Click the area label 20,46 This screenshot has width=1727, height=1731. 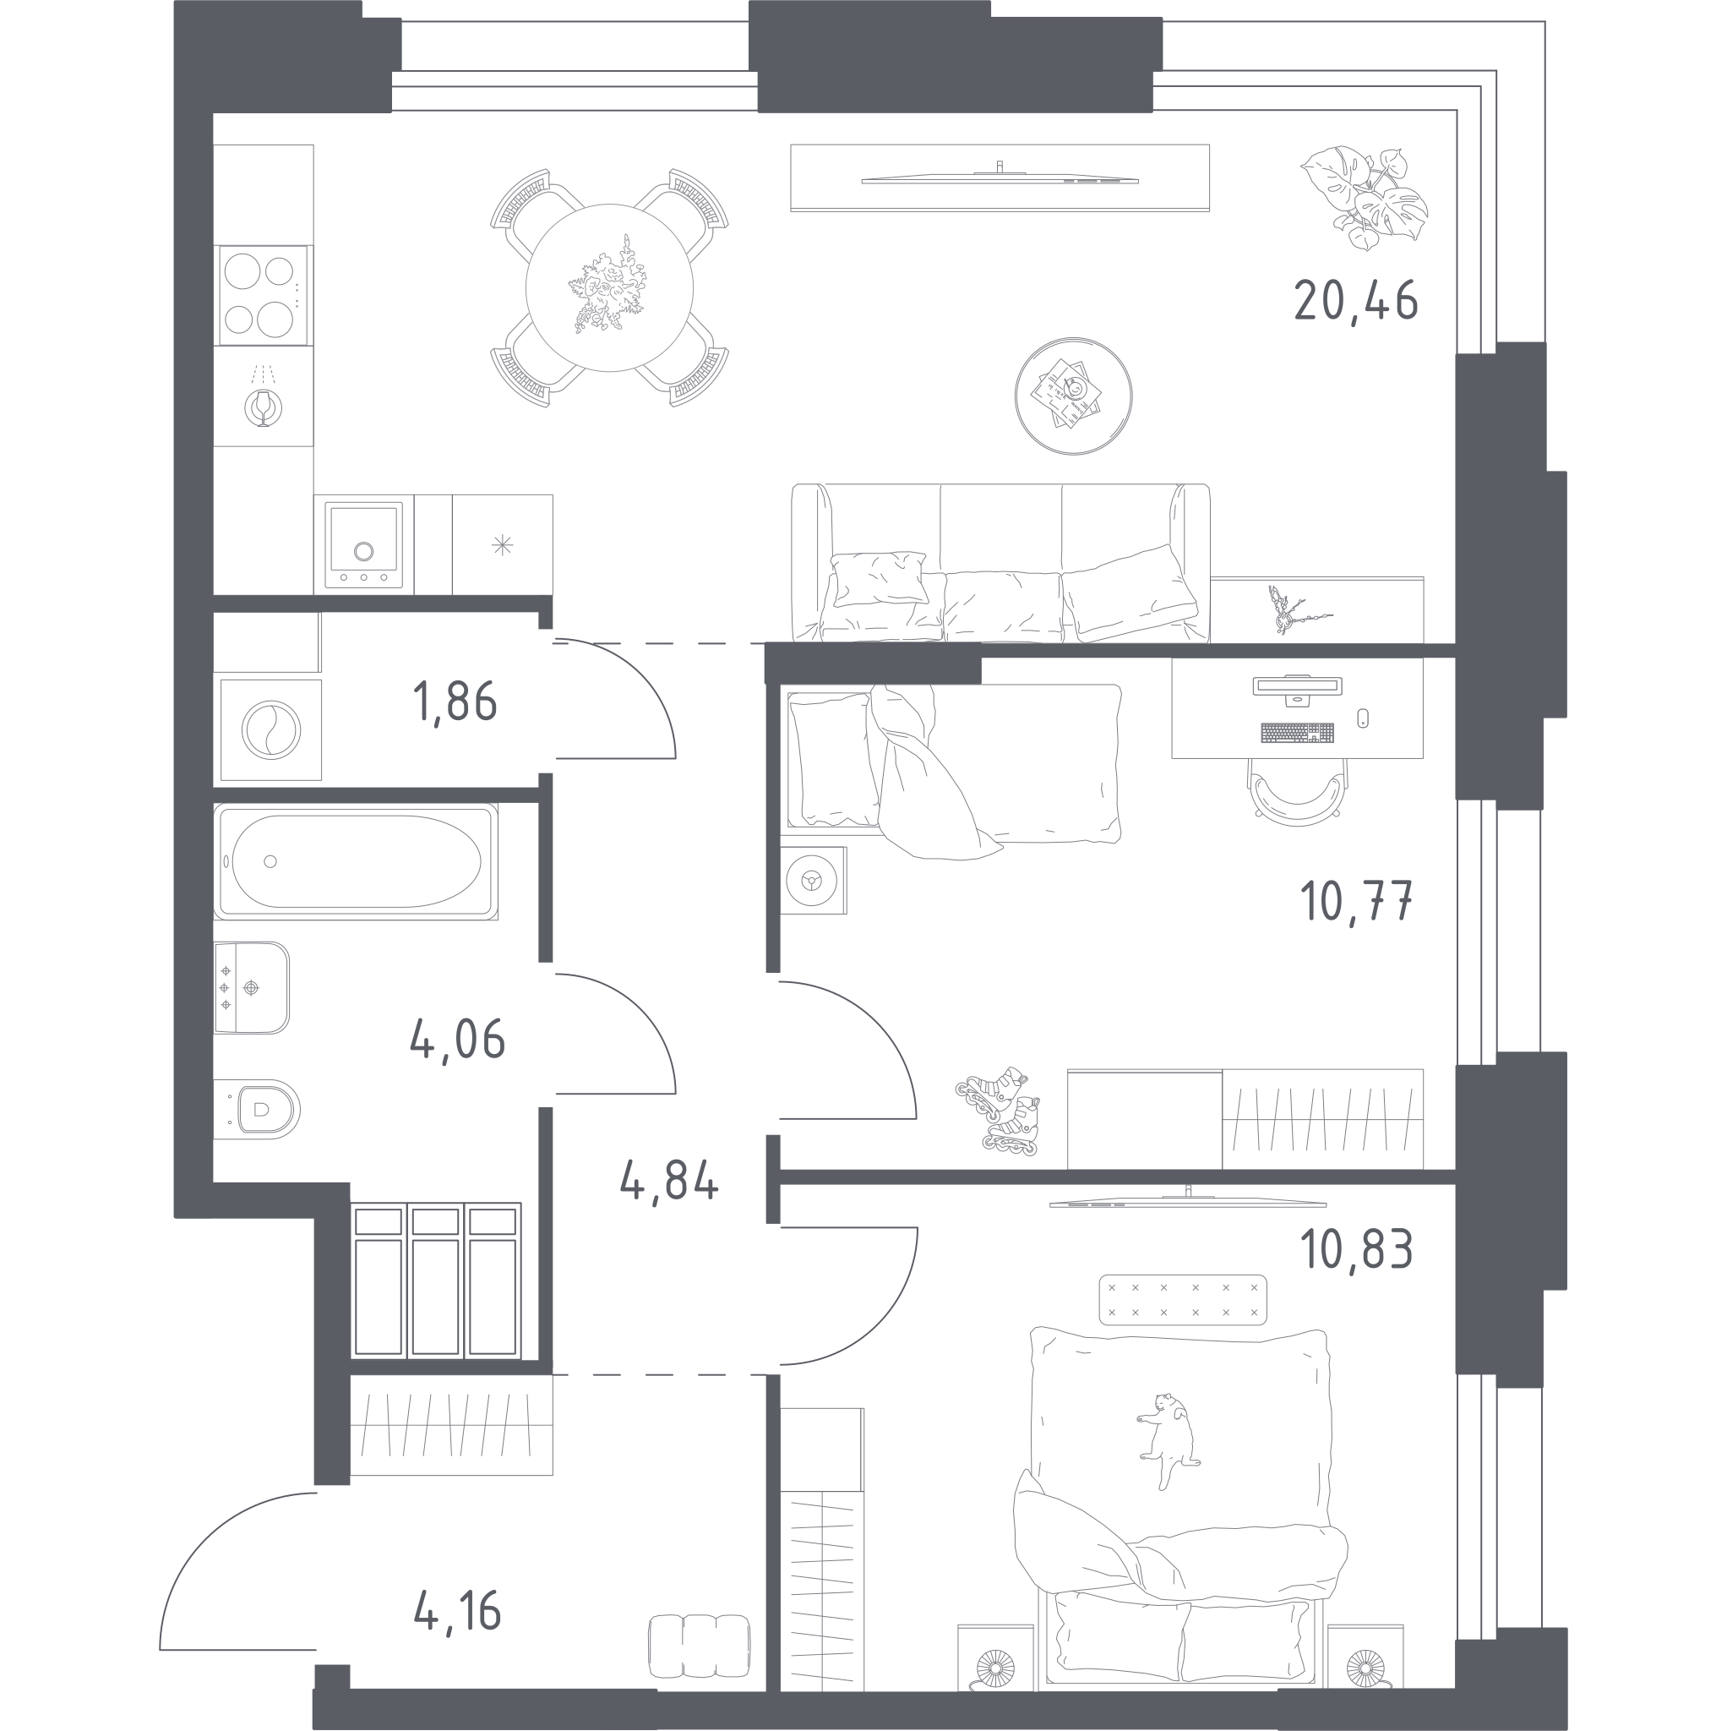coord(1355,301)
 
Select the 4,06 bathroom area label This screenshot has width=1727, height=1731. coord(457,1040)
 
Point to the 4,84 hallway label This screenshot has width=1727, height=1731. coord(669,1181)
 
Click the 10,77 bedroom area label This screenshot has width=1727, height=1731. coord(1355,900)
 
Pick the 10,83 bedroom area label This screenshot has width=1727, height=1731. coord(1356,1249)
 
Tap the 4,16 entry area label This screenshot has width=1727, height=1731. coord(457,1611)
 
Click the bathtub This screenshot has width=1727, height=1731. coord(356,861)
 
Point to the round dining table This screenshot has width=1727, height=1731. coord(609,287)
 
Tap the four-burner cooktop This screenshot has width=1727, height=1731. coord(263,296)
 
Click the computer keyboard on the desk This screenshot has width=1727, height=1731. coord(1297,732)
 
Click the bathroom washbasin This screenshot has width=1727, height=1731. coord(251,987)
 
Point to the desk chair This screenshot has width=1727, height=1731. coord(1297,789)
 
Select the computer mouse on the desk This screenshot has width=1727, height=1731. coord(1363,717)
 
